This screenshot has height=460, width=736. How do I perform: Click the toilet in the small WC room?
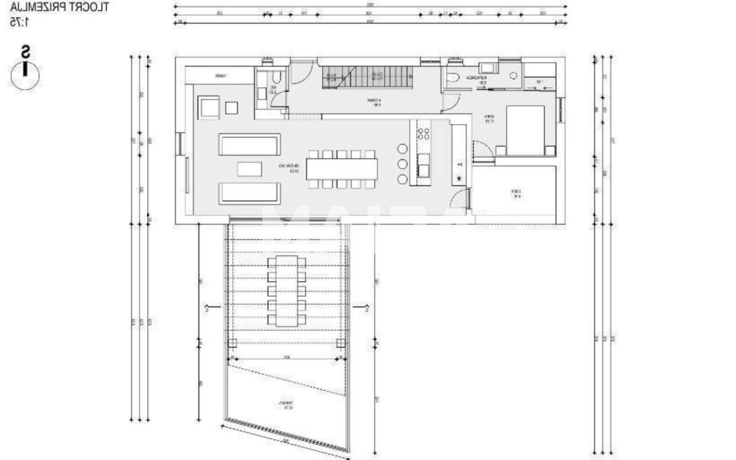tap(276, 78)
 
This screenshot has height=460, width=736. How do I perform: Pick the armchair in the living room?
tap(209, 107)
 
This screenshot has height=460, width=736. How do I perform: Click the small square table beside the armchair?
tap(231, 108)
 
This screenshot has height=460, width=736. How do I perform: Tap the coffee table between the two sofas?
tap(249, 169)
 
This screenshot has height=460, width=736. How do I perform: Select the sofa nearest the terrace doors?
tap(250, 193)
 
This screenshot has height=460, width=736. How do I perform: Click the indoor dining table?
tap(342, 169)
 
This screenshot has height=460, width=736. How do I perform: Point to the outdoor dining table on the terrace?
tap(287, 291)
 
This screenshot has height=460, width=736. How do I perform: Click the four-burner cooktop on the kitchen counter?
tap(423, 134)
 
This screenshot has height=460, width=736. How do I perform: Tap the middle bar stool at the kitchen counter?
tap(402, 164)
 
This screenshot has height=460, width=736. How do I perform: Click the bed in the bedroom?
tap(524, 131)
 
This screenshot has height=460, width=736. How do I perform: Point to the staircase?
tap(367, 75)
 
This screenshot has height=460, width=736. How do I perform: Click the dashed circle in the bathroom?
tap(512, 75)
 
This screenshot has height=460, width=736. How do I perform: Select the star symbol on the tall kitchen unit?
tap(459, 179)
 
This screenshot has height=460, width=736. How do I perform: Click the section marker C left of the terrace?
tap(206, 309)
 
